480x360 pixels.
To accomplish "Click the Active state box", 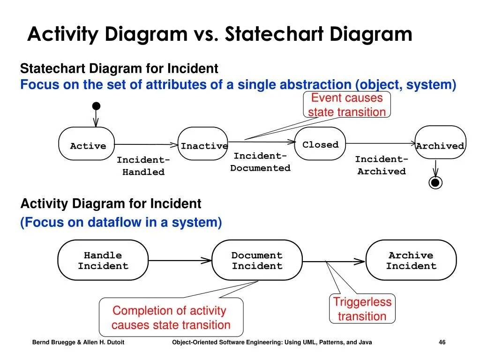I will pos(87,144).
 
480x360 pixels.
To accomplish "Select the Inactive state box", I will pos(203,144).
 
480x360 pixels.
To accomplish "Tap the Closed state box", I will pos(320,143).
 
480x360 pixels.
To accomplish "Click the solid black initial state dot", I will pos(96,106).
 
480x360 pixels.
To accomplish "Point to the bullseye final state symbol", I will pos(435,182).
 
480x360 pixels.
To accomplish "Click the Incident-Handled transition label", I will pos(143,166).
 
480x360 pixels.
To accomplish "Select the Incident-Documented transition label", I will pos(260,162).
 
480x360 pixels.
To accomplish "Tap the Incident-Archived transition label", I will pos(381,165).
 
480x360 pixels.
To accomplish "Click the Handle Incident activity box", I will pos(103,260).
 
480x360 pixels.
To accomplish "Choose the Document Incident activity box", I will pos(257,260).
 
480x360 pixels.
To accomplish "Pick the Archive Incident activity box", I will pos(411,260).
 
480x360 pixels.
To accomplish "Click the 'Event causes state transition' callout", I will pos(347,105).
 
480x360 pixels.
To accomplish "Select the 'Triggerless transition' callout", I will pos(362,308).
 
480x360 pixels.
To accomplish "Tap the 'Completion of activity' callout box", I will pos(171,317).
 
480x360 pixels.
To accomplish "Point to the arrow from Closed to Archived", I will pos(380,143).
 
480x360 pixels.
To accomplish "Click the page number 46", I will pos(442,343).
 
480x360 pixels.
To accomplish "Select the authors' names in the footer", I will pos(78,343).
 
